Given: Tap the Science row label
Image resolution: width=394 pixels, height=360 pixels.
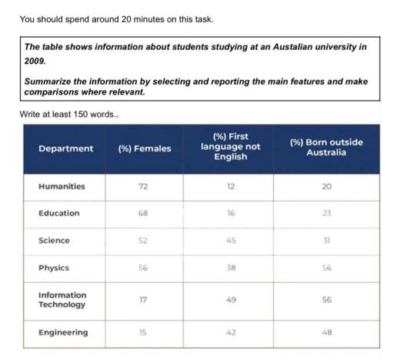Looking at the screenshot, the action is pos(54,241).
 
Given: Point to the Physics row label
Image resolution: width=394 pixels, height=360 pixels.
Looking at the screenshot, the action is pos(54,268).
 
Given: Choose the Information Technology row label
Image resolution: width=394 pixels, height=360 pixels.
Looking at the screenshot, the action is pos(62,299).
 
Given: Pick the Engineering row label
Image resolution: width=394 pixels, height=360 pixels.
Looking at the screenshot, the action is pos(65,332).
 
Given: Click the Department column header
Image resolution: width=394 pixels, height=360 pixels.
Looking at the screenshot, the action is pos(65,148).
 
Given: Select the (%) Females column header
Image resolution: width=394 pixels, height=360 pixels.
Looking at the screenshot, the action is pos(145,148).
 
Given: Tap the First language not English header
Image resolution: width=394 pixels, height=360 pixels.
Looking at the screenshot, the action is pos(231,146).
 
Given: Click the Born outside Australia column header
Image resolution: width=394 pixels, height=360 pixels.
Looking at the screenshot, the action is pos(326,148).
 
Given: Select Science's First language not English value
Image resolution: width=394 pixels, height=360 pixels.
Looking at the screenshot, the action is pos(231,241).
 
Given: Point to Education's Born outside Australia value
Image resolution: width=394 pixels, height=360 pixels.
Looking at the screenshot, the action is pos(326,213).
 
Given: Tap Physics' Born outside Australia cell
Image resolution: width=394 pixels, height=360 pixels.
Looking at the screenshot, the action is pos(326,268).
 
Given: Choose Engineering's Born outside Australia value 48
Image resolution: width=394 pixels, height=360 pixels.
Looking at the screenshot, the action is pos(326,332).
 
